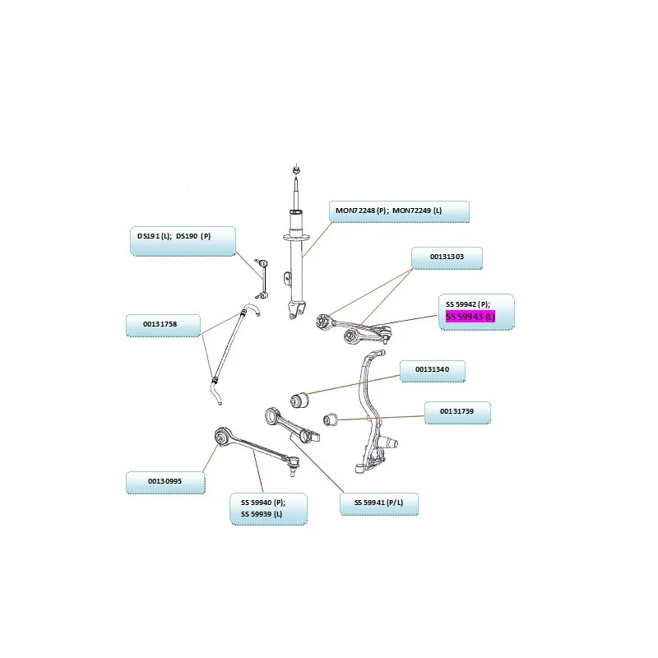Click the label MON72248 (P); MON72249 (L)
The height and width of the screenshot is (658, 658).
398,211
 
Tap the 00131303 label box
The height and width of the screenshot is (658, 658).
447,257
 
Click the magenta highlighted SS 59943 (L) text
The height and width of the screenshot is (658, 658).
470,317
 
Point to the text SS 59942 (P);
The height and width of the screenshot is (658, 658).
467,304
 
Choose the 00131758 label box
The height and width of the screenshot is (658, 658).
163,324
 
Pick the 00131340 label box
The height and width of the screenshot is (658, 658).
433,370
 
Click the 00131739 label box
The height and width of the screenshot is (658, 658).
457,411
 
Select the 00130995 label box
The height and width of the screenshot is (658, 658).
164,481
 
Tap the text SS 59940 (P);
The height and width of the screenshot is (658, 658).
262,503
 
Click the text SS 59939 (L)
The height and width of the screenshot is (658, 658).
262,515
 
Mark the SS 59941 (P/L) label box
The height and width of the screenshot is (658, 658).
379,503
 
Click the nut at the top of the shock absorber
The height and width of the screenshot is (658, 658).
296,169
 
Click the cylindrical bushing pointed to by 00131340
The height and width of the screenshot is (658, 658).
299,401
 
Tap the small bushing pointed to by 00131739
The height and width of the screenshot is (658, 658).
330,420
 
